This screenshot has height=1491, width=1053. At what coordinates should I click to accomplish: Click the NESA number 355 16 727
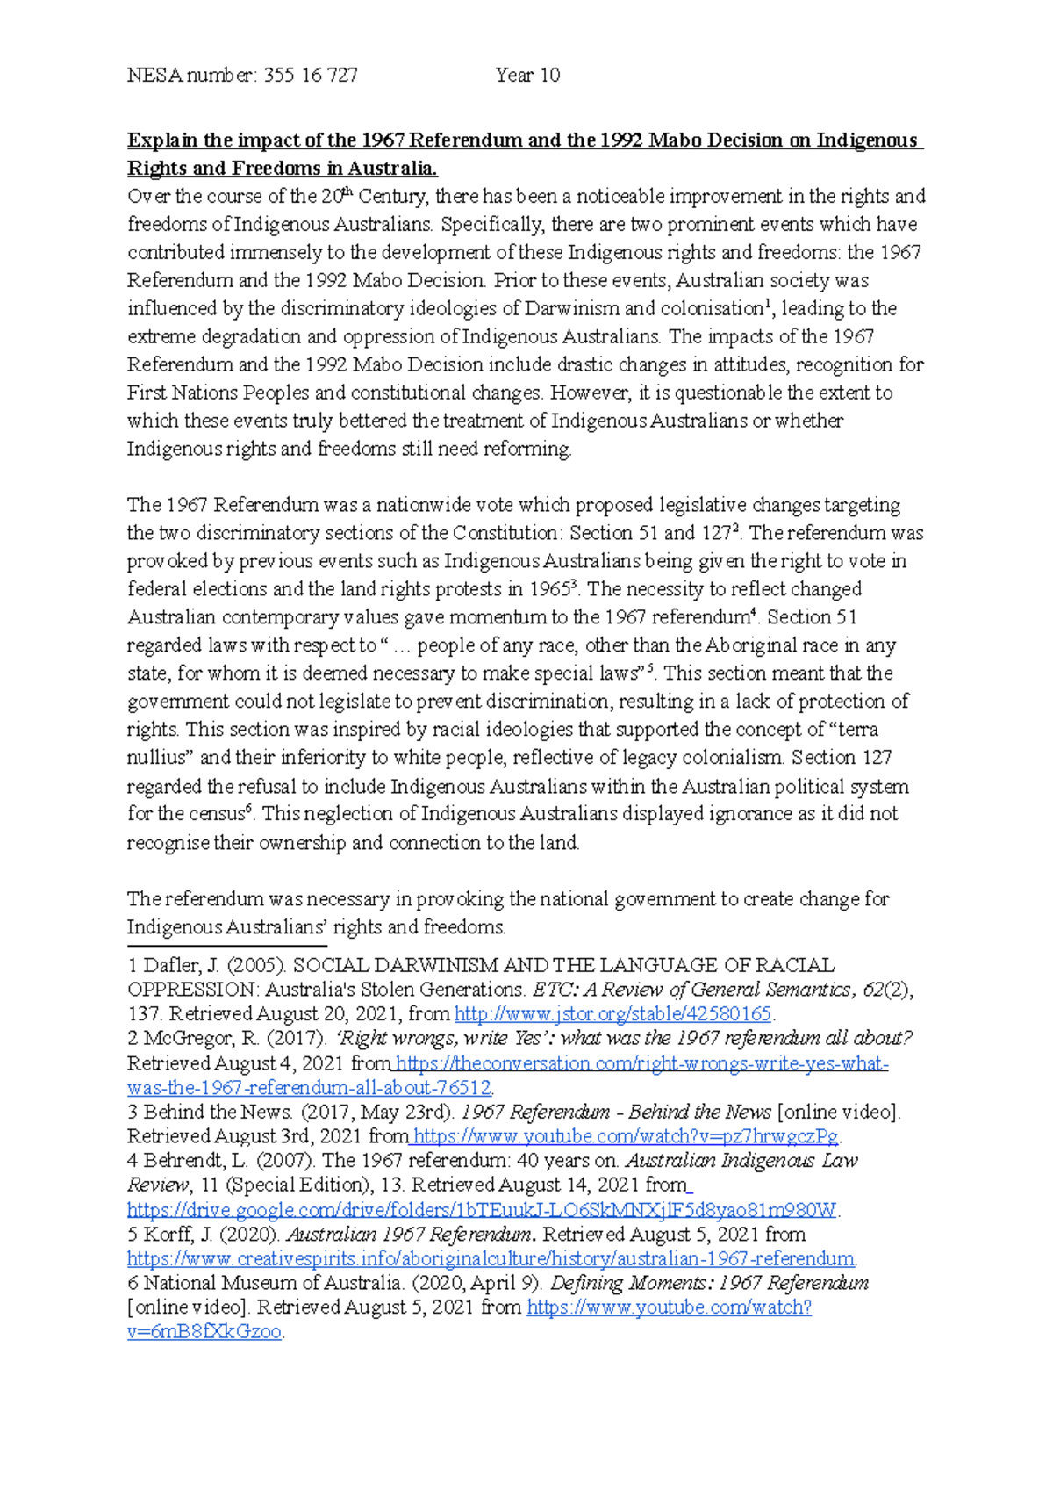point(310,76)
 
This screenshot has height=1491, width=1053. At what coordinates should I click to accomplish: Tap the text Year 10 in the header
point(527,76)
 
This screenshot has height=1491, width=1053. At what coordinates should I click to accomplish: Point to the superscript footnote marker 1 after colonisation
point(769,303)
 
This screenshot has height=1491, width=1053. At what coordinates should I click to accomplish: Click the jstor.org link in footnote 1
point(612,1014)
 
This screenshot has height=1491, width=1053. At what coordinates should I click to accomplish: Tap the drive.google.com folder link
point(483,1210)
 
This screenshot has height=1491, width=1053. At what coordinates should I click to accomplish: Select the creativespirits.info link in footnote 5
point(491,1258)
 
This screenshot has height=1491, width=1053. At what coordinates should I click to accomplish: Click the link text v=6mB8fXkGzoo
point(204,1331)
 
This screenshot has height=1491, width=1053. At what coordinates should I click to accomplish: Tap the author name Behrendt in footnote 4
point(182,1161)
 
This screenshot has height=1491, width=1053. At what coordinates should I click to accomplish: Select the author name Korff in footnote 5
point(166,1235)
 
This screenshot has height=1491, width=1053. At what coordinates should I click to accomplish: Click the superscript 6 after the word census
point(249,809)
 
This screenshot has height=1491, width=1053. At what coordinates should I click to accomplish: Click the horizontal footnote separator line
point(227,947)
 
